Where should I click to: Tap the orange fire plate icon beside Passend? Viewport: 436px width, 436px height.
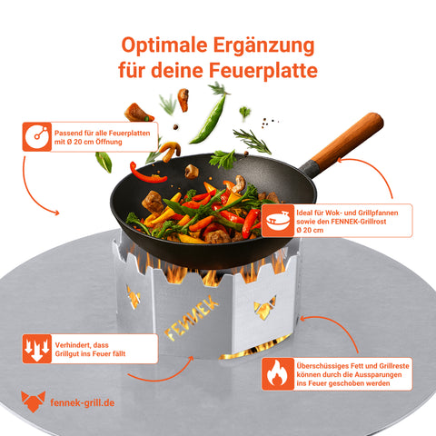(x=36, y=138)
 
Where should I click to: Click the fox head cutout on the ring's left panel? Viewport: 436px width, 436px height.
(x=133, y=295)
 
